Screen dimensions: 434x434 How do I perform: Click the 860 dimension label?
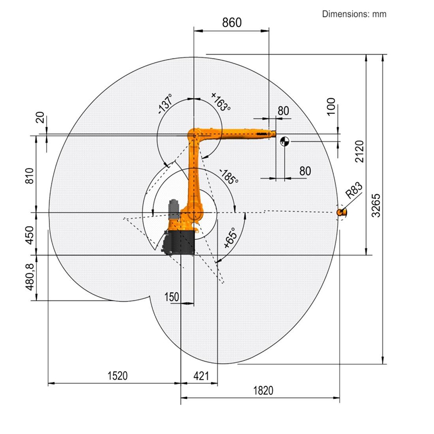[232, 23]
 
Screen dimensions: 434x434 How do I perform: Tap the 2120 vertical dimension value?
[359, 151]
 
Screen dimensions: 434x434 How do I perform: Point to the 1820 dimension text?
[263, 391]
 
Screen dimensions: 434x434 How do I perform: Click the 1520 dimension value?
[118, 376]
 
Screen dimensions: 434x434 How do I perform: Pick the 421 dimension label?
[201, 376]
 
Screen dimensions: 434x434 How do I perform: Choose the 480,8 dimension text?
[30, 277]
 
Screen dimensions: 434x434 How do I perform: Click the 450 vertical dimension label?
[30, 235]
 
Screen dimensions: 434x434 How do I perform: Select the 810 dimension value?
[29, 176]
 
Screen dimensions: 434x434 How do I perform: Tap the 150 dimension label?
[171, 297]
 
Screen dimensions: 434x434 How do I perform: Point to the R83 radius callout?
[354, 190]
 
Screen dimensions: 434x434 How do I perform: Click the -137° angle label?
[165, 104]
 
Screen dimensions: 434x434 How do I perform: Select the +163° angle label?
[221, 102]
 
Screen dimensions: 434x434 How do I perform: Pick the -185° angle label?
[228, 176]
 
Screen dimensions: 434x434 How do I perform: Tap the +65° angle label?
[230, 238]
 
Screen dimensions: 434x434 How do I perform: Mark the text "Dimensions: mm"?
[354, 14]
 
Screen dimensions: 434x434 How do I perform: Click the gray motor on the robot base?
[174, 209]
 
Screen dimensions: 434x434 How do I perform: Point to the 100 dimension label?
[331, 106]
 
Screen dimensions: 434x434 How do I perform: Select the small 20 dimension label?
[40, 117]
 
